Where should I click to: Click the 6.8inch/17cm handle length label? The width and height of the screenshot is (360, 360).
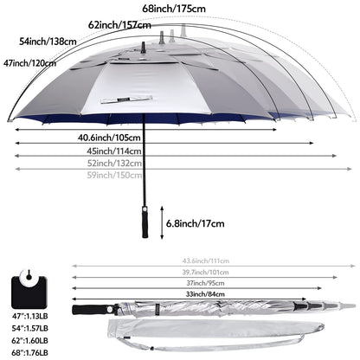(189, 222)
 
